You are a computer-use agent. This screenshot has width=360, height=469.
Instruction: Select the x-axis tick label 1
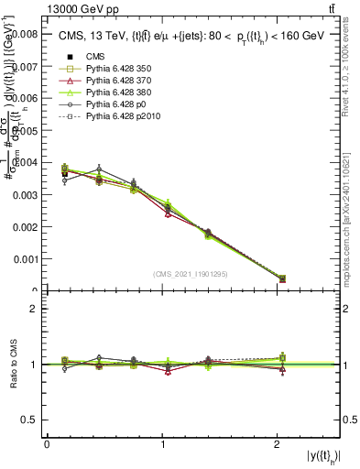click(162, 444)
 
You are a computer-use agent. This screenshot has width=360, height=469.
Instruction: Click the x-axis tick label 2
click(278, 444)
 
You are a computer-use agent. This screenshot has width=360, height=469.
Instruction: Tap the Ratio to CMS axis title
click(14, 364)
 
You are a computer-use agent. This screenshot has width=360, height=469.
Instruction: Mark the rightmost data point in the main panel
click(282, 278)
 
